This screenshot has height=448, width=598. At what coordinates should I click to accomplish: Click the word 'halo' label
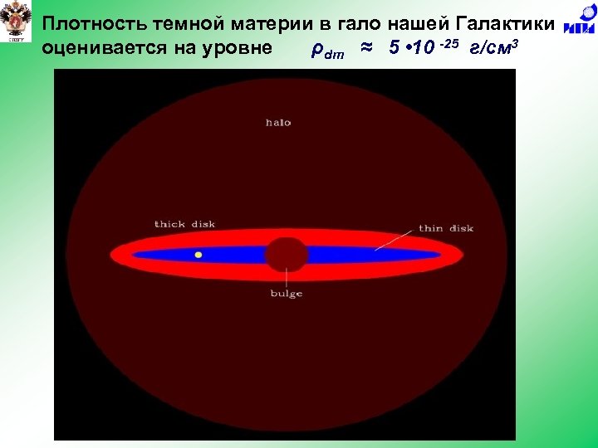(278, 123)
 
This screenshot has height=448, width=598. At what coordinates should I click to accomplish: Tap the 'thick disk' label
(184, 224)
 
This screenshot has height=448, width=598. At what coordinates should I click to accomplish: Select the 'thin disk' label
(446, 228)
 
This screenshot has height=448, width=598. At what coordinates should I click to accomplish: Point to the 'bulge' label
(287, 294)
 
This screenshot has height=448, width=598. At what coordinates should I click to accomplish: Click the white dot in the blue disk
(198, 255)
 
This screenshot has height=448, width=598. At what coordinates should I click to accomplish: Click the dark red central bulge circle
(287, 254)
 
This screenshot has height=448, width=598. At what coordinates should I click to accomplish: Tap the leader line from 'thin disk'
(395, 239)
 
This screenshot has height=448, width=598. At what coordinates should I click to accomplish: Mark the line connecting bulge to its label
(287, 279)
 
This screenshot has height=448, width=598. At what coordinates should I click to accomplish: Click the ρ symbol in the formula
(316, 49)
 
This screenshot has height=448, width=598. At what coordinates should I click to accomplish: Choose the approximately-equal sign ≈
(366, 47)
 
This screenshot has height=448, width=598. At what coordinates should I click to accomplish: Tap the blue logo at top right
(579, 25)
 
